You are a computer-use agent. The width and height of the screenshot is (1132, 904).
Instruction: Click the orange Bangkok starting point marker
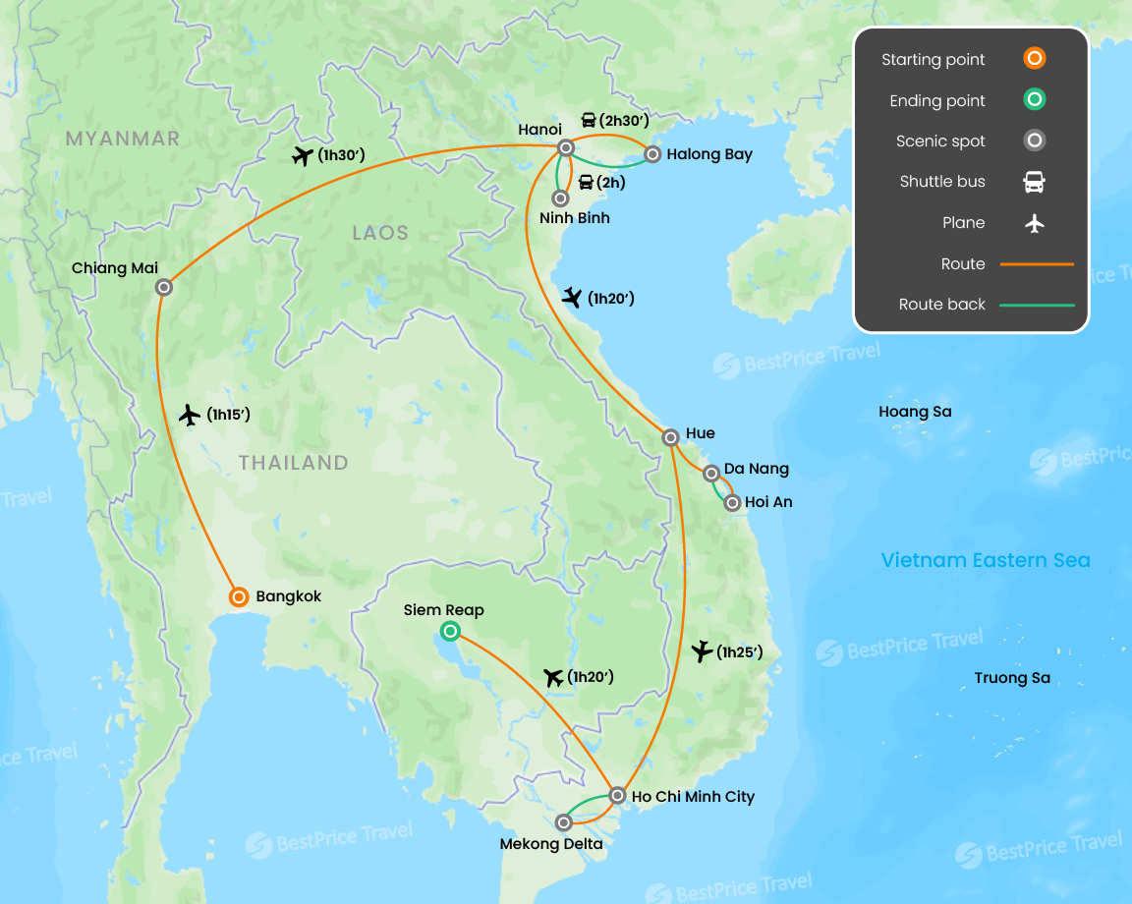238,596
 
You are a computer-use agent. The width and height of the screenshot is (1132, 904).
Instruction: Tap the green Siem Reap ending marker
449,631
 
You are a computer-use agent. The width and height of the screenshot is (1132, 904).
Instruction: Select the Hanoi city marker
565,147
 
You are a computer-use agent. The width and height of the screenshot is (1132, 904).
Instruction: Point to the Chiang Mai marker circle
164,287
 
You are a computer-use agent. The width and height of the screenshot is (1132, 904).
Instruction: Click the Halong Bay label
709,154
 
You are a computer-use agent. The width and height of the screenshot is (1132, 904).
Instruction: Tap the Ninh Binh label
574,218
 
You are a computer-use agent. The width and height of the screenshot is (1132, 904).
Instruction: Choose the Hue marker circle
670,437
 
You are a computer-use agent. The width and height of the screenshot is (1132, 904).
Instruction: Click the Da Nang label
756,469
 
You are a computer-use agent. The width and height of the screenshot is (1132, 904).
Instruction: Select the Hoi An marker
732,502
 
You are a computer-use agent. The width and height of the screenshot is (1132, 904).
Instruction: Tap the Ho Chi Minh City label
694,796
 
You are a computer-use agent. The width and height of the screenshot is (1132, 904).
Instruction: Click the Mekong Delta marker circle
564,821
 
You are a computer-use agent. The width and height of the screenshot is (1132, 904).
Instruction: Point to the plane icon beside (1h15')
190,415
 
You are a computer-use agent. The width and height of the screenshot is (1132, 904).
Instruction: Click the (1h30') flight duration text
342,155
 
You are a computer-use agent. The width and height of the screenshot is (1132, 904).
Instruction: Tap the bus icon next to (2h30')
588,121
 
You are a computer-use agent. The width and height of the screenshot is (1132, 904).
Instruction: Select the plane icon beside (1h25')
702,650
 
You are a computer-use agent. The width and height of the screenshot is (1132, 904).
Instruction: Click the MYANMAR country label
123,139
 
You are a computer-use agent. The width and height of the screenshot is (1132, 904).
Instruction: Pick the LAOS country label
380,233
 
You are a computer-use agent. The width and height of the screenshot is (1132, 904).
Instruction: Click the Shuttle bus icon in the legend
1034,182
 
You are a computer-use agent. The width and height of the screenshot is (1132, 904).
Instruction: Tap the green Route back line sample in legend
1037,305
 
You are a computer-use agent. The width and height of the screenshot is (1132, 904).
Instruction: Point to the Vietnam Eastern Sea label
986,560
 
